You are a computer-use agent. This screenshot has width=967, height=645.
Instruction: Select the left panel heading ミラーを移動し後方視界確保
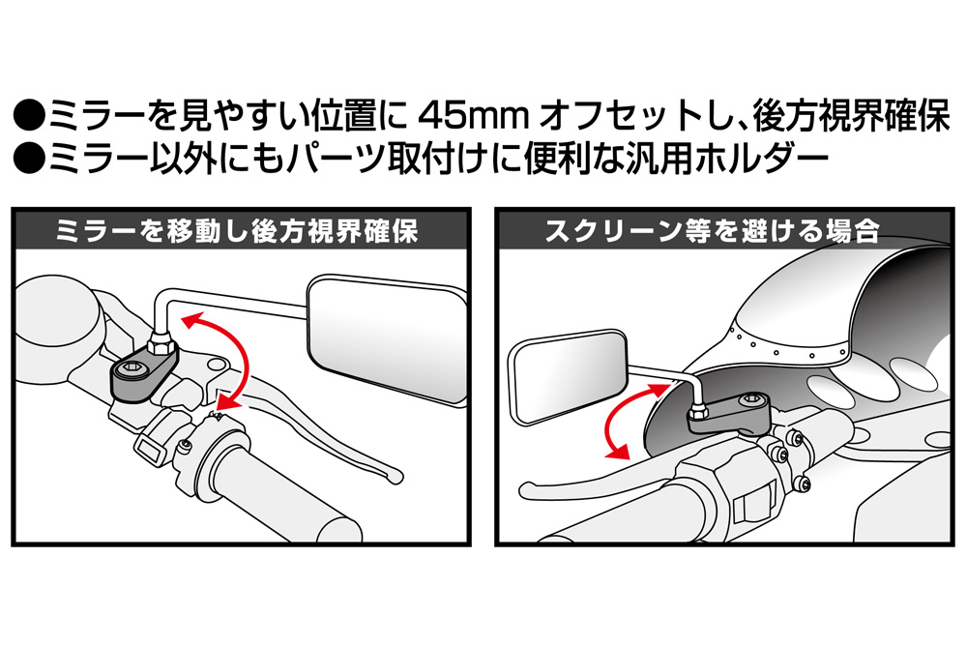click(x=238, y=231)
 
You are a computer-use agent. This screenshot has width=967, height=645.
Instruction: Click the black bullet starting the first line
click(x=30, y=117)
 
